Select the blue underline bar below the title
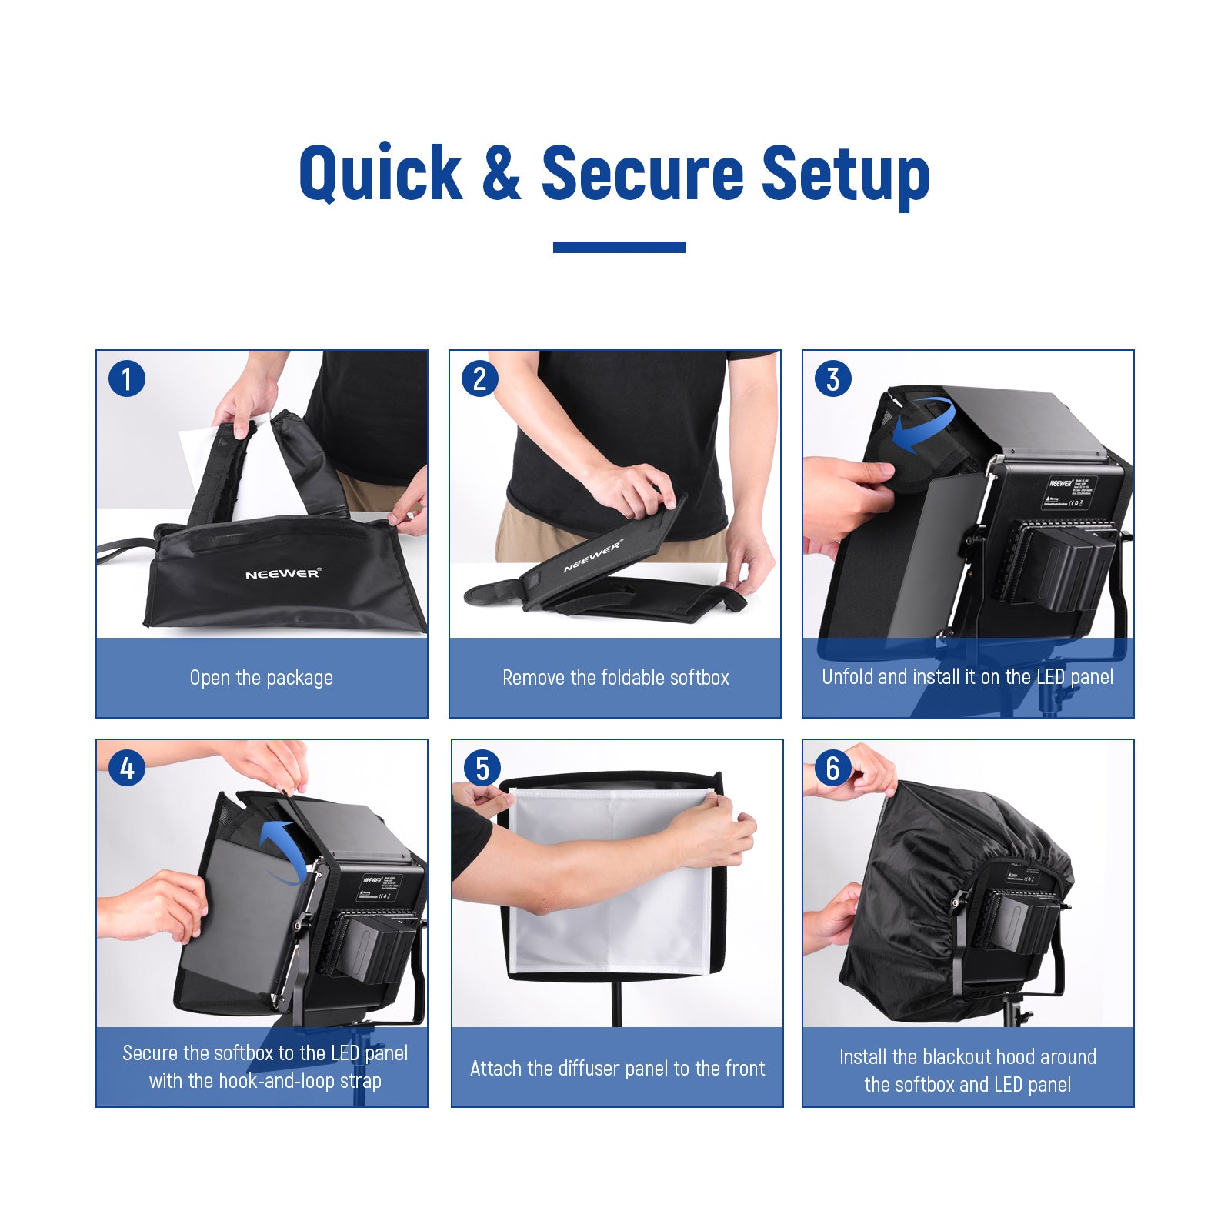coord(619,247)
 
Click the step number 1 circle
coord(127,379)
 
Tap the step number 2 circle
coord(479,379)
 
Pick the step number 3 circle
coord(832,379)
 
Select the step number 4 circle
coord(127,768)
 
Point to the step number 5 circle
coord(482,768)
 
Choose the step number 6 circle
coord(832,768)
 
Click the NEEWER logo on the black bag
coord(282,574)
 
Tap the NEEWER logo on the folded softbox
coord(592,555)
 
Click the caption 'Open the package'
coord(261,678)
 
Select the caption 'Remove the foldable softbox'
coord(615,678)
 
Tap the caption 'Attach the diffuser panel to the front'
coord(617,1069)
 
